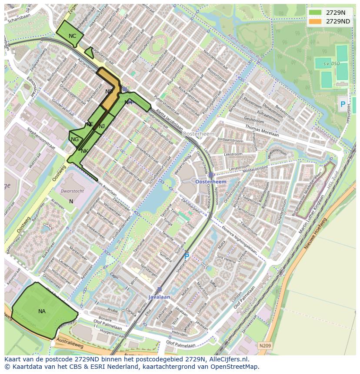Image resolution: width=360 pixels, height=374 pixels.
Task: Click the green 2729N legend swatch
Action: (316, 13)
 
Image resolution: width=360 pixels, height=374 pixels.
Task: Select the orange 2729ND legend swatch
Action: (316, 21)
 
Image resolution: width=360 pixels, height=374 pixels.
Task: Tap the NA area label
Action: (42, 311)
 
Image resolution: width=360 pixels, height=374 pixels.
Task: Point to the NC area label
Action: (72, 36)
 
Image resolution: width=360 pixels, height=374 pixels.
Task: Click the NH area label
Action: (128, 103)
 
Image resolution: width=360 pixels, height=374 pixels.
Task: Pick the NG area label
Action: (75, 139)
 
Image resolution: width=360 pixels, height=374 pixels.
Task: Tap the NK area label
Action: (84, 151)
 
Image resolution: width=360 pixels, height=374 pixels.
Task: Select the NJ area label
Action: (102, 126)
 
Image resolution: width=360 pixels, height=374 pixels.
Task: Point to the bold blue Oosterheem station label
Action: (211, 182)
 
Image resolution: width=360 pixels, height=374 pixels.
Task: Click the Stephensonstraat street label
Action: (41, 139)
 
